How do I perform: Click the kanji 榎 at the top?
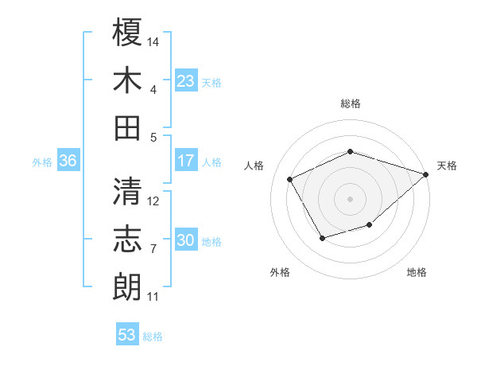(x=127, y=33)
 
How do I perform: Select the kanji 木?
(x=127, y=81)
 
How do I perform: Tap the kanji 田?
(x=127, y=127)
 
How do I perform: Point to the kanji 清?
(x=127, y=191)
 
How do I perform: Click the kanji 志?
(x=127, y=239)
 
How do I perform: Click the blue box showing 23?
(x=186, y=81)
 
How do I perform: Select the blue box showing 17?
(x=186, y=161)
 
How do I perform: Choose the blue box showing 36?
(x=68, y=161)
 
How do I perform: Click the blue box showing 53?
(x=127, y=335)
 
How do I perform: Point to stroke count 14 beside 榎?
(x=154, y=40)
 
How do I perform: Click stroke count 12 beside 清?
(x=154, y=201)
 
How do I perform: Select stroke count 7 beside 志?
(x=153, y=249)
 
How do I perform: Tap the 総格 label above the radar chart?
(x=350, y=103)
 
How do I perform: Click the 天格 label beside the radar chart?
(x=447, y=166)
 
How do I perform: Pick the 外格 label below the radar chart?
(x=280, y=272)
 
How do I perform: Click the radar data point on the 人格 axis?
(x=290, y=179)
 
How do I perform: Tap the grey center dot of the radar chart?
(x=350, y=198)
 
